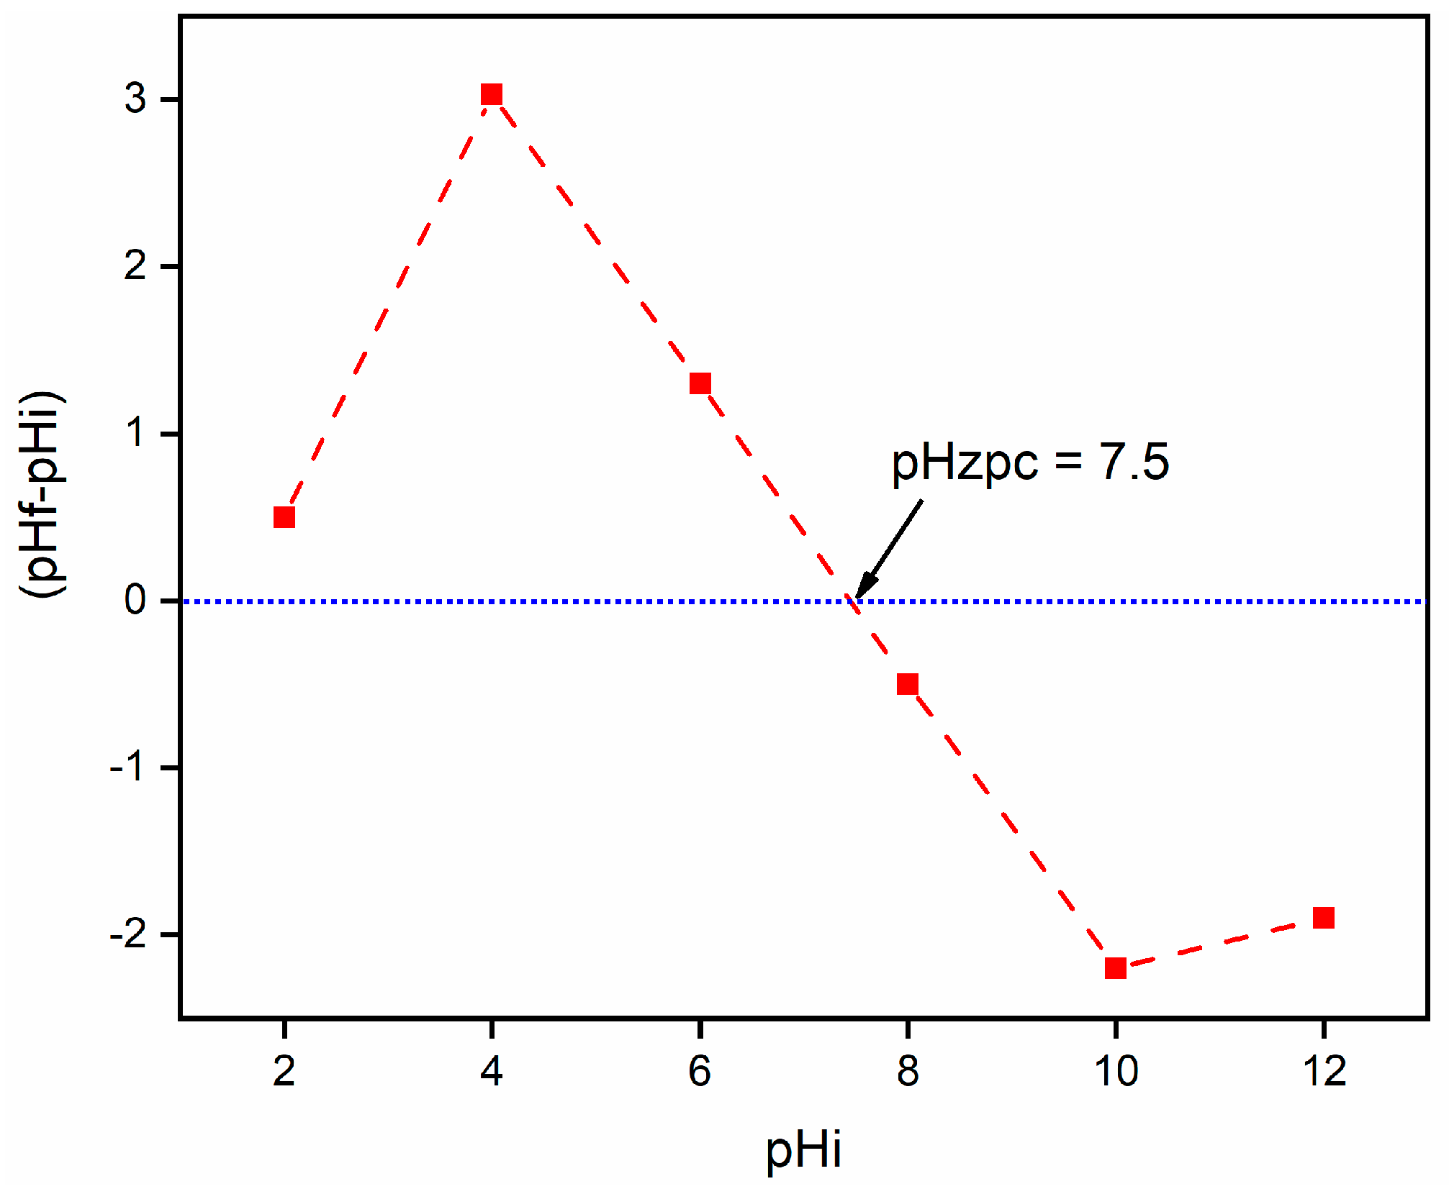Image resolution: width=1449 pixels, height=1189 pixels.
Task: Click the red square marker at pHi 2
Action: (x=284, y=517)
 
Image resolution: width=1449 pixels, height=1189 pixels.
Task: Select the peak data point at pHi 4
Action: (x=492, y=94)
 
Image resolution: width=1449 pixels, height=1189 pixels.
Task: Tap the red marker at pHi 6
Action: (x=700, y=383)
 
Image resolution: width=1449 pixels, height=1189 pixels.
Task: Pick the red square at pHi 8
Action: (x=908, y=684)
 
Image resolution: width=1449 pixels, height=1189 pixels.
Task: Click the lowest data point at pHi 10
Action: (x=1115, y=968)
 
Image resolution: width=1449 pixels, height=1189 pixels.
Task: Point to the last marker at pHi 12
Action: (x=1323, y=918)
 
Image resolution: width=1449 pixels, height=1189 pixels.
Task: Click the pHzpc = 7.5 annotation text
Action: (x=1029, y=462)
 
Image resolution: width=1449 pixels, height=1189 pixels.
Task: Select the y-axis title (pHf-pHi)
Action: (x=42, y=494)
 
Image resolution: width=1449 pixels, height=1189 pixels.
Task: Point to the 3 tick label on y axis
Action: (x=135, y=99)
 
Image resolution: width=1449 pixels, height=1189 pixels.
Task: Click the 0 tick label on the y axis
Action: (x=135, y=600)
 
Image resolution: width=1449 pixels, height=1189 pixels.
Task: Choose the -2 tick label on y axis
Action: (x=127, y=934)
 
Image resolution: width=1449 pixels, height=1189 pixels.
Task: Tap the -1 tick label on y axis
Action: (x=127, y=767)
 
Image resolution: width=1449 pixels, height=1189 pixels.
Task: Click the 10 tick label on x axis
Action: (x=1115, y=1071)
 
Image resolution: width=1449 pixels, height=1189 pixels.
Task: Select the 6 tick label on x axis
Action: (x=700, y=1071)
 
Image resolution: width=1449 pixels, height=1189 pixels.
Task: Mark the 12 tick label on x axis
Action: (x=1323, y=1071)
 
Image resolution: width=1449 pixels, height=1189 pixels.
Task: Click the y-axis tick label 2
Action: (x=135, y=266)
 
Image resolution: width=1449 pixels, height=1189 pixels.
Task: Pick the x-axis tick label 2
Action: (x=284, y=1071)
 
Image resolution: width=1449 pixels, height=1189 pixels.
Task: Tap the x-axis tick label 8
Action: (x=908, y=1071)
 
